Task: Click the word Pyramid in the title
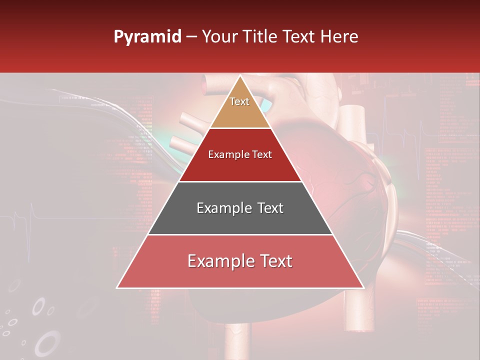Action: [x=147, y=37]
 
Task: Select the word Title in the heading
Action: [x=261, y=36]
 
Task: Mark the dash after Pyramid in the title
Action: [x=191, y=37]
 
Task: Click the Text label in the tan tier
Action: [x=239, y=101]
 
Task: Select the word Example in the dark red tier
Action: [x=227, y=155]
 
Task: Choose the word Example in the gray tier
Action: [x=223, y=208]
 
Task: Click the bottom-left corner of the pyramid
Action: [x=117, y=287]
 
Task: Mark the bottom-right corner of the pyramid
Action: [x=363, y=287]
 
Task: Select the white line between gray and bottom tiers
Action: [x=240, y=234]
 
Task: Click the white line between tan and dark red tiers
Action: [x=240, y=128]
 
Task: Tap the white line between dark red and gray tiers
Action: [x=240, y=181]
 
